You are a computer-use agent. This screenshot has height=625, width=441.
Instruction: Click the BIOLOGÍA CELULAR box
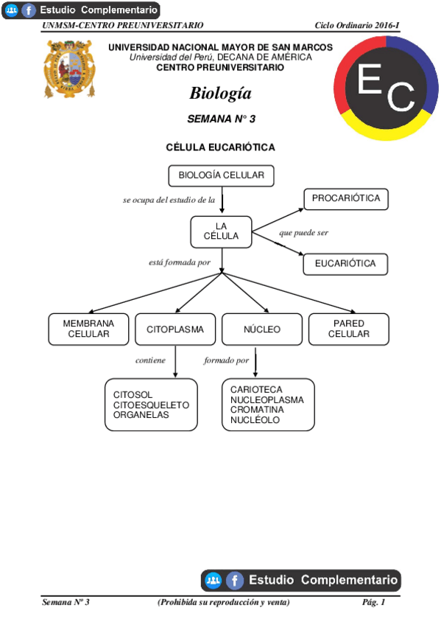[x=221, y=175]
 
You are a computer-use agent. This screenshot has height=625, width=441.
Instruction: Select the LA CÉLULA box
[x=221, y=231]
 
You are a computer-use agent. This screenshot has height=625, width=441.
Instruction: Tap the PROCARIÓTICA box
[x=345, y=199]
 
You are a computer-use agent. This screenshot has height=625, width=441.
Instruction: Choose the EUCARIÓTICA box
[x=345, y=263]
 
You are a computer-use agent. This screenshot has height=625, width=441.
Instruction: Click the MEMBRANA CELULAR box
[x=88, y=329]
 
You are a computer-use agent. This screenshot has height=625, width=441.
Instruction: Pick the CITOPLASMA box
[x=175, y=329]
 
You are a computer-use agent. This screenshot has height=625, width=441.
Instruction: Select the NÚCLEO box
[x=262, y=329]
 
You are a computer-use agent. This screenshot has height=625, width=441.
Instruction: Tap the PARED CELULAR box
[x=348, y=329]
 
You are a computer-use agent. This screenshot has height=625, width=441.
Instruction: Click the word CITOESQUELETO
[x=151, y=405]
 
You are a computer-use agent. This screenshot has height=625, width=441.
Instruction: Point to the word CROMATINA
[x=255, y=409]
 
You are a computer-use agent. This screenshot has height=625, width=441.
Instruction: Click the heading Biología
[x=220, y=94]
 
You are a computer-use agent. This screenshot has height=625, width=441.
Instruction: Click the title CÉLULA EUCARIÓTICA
[x=221, y=147]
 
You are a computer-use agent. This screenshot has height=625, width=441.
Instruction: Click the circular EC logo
[x=387, y=86]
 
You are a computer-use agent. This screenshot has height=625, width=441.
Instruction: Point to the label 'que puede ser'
[x=303, y=233]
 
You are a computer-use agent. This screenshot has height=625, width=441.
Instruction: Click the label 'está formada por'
[x=180, y=262]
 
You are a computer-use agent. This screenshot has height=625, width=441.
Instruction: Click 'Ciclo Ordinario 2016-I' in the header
[x=356, y=25]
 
